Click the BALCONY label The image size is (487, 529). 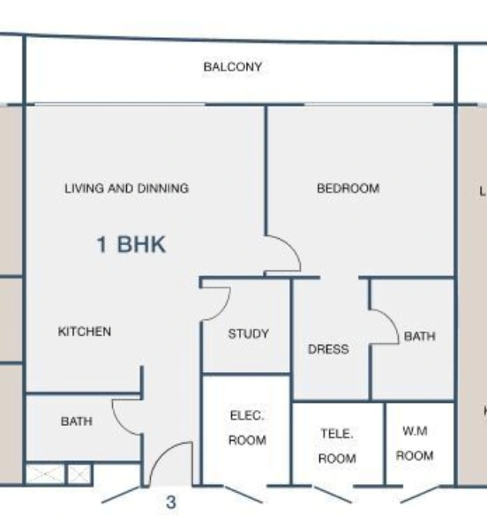[x=233, y=67]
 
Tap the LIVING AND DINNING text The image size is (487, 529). [x=126, y=188]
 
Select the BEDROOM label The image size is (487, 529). [x=348, y=188]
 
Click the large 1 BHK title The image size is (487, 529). [x=131, y=244]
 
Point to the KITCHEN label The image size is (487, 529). [x=85, y=332]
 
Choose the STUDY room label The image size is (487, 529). [x=248, y=334]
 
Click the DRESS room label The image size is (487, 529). [x=328, y=349]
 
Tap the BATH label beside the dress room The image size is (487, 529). [x=419, y=336]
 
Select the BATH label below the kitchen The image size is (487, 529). [x=76, y=421]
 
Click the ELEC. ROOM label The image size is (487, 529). [x=247, y=428]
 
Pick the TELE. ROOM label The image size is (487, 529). [x=337, y=446]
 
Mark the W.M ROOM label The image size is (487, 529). [x=414, y=443]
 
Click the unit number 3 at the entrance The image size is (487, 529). [x=171, y=504]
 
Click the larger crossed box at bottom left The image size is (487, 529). [x=40, y=474]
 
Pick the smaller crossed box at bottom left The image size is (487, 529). [x=79, y=474]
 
